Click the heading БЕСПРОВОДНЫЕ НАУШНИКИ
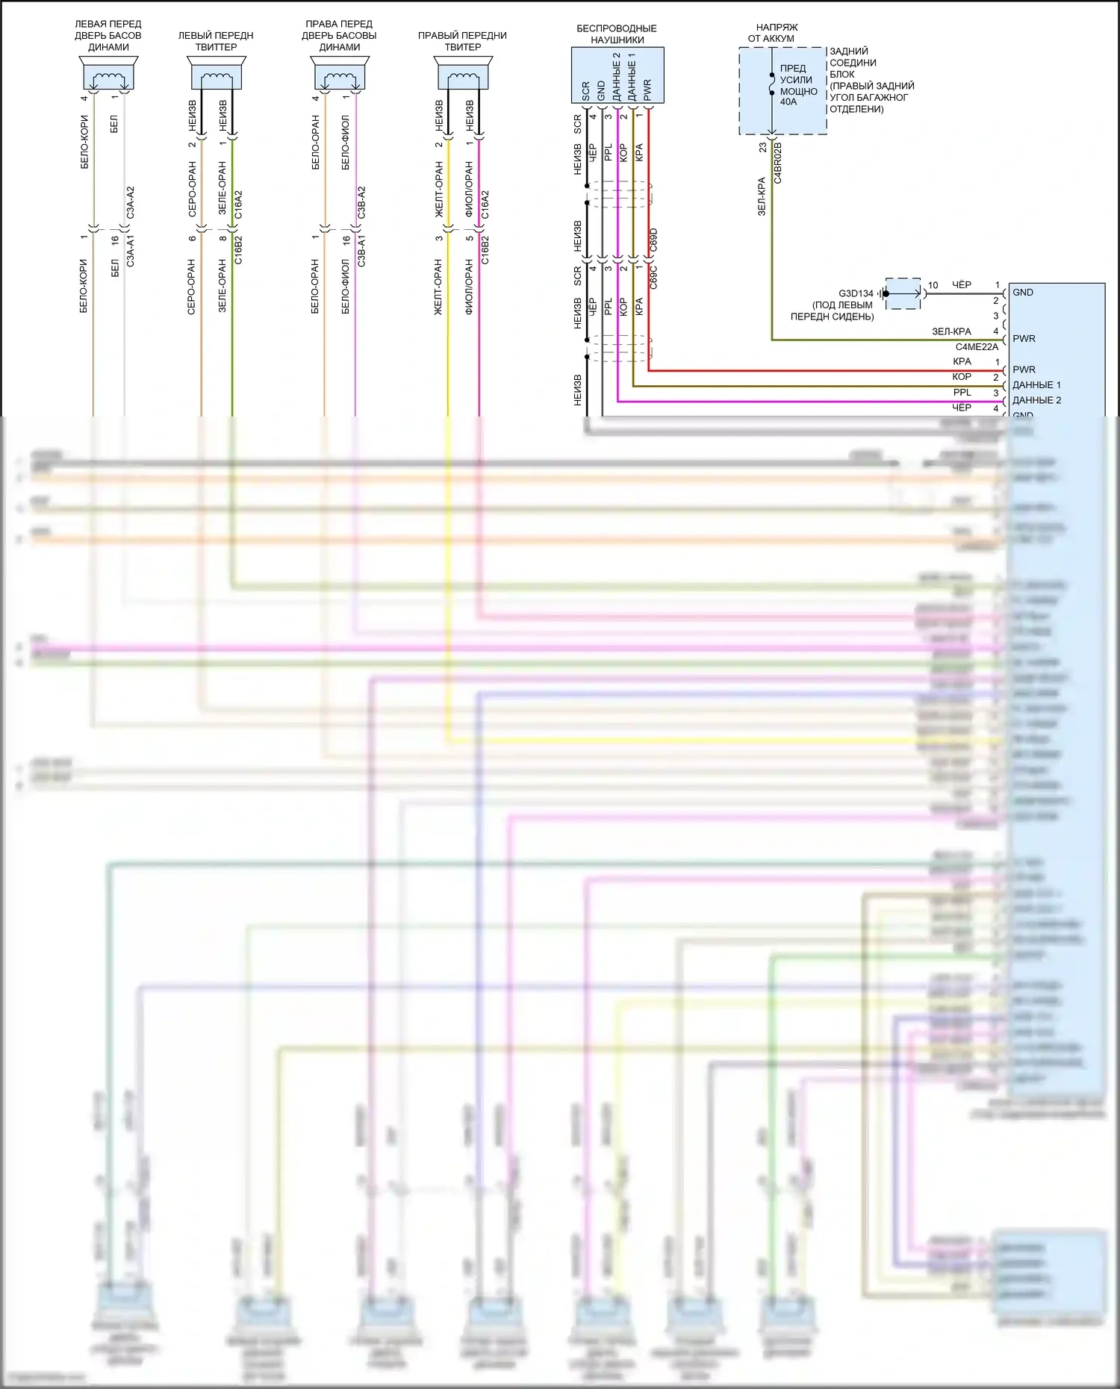click(617, 34)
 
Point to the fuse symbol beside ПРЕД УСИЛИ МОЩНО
click(771, 84)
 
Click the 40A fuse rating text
click(788, 102)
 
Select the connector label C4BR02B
click(777, 163)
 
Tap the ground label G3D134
click(856, 293)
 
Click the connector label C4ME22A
click(977, 347)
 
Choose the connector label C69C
click(654, 277)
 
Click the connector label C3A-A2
click(131, 202)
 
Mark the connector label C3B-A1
click(362, 251)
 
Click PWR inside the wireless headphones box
click(647, 90)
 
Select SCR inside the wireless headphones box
click(586, 91)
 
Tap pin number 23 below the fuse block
click(762, 148)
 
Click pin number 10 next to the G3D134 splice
click(933, 285)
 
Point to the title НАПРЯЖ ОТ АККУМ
click(772, 33)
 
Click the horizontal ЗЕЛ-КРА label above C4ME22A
click(951, 331)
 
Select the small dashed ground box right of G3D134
click(903, 293)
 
